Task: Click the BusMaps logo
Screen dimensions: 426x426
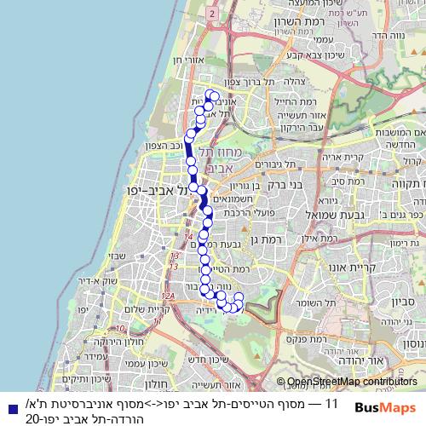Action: point(386,408)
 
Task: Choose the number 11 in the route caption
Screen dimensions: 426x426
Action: point(333,401)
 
